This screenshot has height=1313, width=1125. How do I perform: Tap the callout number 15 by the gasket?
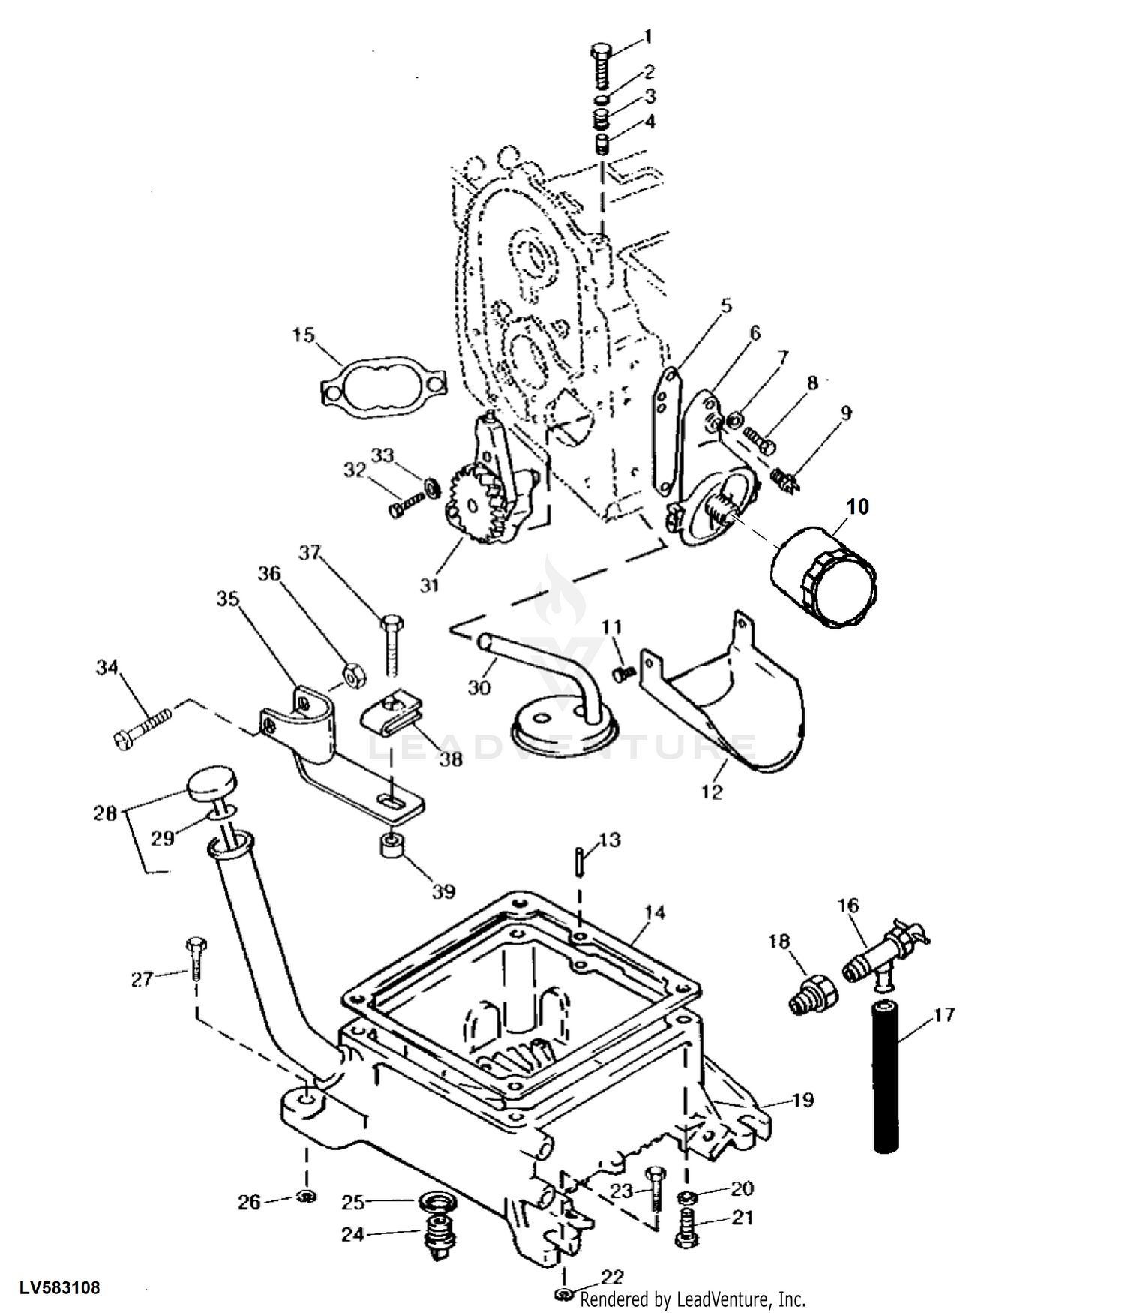click(304, 335)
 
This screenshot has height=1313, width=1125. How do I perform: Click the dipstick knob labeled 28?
click(209, 783)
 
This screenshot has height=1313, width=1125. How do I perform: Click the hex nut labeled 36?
click(353, 674)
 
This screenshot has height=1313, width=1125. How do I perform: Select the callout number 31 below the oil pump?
click(429, 584)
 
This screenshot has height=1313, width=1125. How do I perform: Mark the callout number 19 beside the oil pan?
click(802, 1100)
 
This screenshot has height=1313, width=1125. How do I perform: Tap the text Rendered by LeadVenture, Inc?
click(692, 1299)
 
